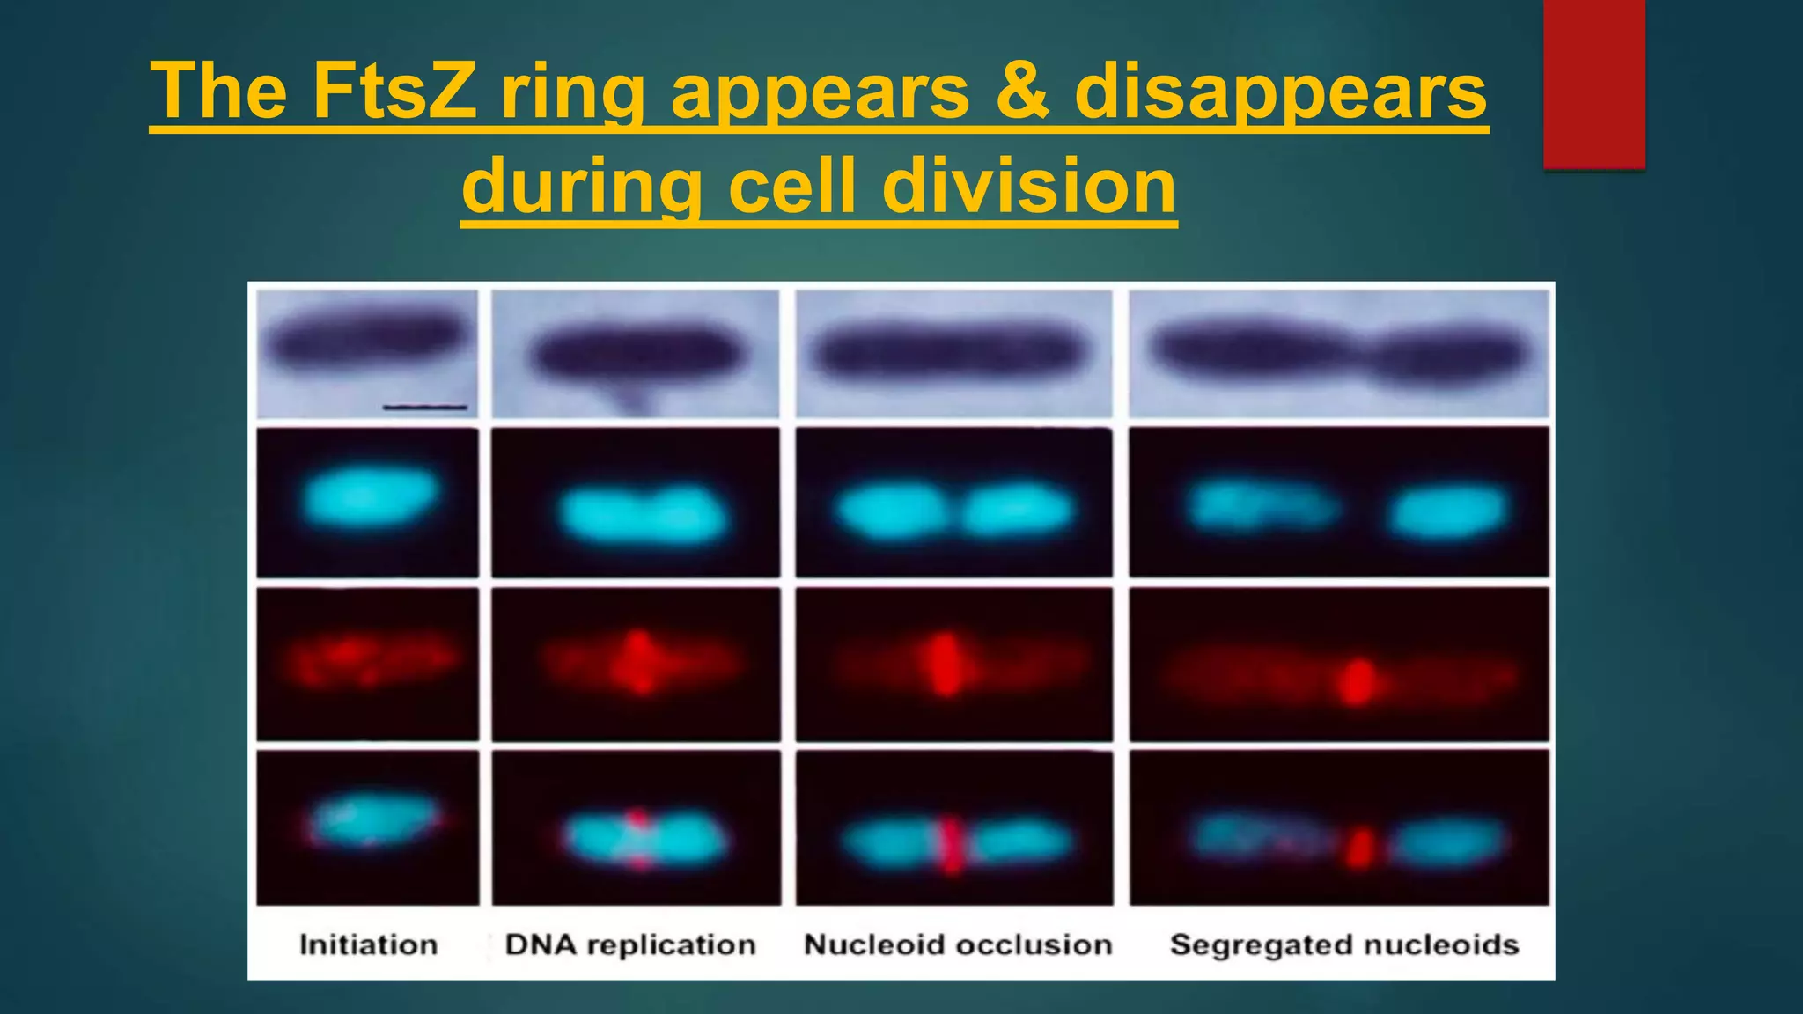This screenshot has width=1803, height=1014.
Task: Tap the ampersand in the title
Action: pyautogui.click(x=1022, y=91)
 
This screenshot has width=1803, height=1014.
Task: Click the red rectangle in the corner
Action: pyautogui.click(x=1593, y=84)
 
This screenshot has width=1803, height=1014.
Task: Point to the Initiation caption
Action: pyautogui.click(x=368, y=944)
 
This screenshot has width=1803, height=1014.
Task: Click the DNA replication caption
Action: pyautogui.click(x=630, y=944)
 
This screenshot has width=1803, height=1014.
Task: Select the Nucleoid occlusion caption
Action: pyautogui.click(x=958, y=944)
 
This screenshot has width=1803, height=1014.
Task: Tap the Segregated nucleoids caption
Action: pyautogui.click(x=1343, y=944)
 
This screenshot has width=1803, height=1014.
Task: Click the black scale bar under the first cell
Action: pyautogui.click(x=424, y=407)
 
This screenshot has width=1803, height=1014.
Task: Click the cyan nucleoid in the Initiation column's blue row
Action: pyautogui.click(x=370, y=497)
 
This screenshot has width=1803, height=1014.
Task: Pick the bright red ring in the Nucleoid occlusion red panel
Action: pyautogui.click(x=946, y=665)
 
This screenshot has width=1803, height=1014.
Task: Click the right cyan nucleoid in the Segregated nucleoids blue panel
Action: pyautogui.click(x=1446, y=511)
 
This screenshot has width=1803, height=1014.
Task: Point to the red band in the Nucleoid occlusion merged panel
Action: pyautogui.click(x=951, y=845)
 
